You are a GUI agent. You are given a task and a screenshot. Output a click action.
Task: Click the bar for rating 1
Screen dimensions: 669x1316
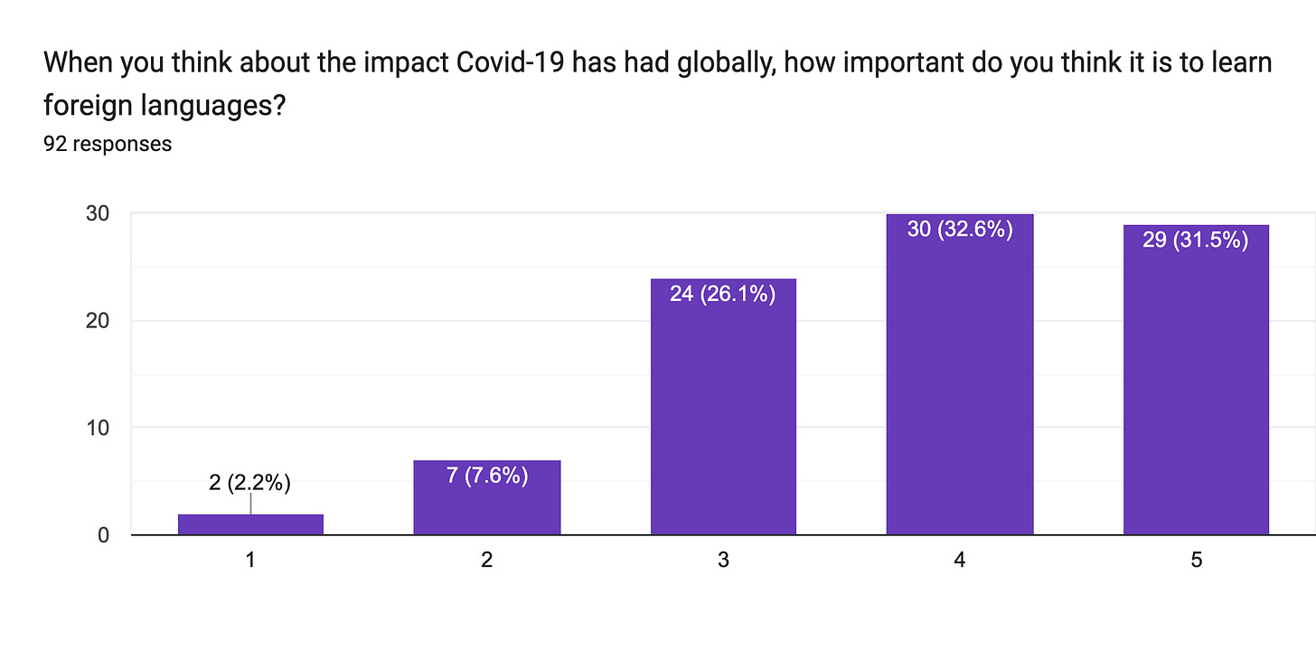[x=250, y=525]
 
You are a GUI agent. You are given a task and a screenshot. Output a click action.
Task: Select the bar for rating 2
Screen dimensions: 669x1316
[x=487, y=506]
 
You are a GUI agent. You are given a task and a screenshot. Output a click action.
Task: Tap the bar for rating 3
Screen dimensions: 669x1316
[x=723, y=416]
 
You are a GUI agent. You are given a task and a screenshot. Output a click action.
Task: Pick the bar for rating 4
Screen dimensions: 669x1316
[x=960, y=389]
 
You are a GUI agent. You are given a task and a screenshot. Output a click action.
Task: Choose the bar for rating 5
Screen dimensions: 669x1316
[x=1196, y=389]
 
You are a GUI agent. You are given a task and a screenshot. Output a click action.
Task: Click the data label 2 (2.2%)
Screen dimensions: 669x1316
[x=249, y=483]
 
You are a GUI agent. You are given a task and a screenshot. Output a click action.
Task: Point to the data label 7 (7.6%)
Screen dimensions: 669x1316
[x=487, y=475]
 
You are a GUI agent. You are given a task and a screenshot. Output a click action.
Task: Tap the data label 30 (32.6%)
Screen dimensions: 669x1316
[x=960, y=229]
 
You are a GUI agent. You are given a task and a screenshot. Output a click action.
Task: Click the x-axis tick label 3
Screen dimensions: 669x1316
[x=723, y=561]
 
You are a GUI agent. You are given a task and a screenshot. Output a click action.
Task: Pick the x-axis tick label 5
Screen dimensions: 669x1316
[x=1196, y=561]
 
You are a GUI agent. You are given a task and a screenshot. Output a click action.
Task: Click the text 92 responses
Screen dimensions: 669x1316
[x=108, y=143]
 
